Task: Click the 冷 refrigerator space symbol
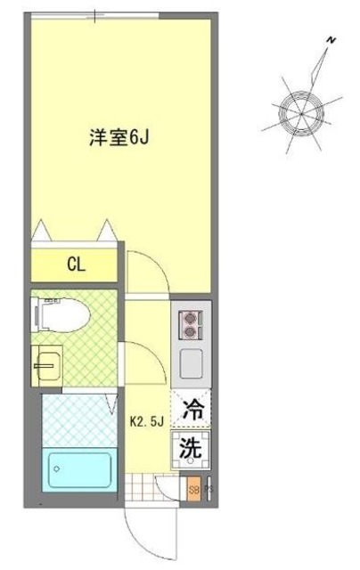[x=192, y=411]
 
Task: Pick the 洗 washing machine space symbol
[x=192, y=448]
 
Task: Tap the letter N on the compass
[x=331, y=40]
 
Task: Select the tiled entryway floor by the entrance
[x=139, y=489]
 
